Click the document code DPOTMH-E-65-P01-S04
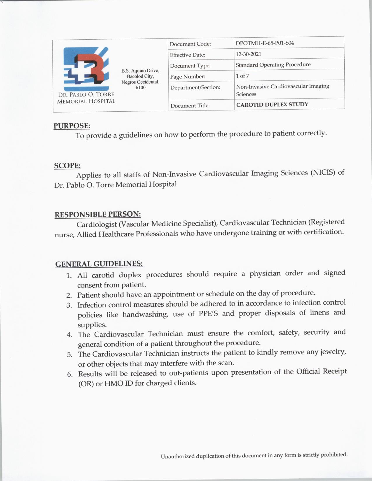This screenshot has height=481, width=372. coord(265,43)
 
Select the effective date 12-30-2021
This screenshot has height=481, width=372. coord(248,54)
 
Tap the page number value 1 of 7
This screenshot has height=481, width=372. coord(242,76)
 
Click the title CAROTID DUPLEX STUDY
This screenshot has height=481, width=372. coord(272,104)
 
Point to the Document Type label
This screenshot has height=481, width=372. coord(190,66)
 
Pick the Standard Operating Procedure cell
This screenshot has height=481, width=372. coord(273,65)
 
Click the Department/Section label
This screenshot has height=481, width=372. coord(195,87)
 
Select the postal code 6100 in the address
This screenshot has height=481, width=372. coord(140,87)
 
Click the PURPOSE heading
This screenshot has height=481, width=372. coord(72,126)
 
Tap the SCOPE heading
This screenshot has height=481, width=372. coord(67,166)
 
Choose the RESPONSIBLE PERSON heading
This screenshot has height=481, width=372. coord(98,215)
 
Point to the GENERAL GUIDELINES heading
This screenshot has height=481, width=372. coord(99,264)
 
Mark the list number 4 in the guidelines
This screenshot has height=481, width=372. coord(69,335)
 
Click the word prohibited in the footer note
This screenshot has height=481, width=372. coord(334,454)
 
